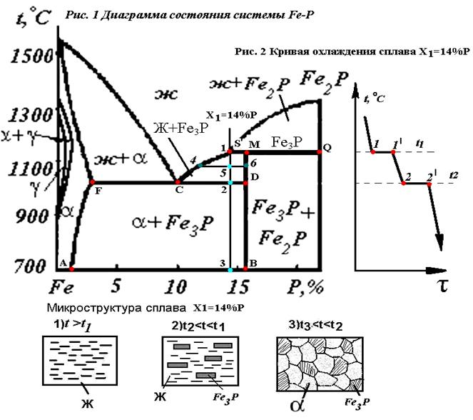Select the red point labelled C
(178, 183)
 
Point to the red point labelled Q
(319, 152)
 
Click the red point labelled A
(72, 269)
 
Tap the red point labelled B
(245, 269)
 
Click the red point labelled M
(246, 152)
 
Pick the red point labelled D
(245, 183)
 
